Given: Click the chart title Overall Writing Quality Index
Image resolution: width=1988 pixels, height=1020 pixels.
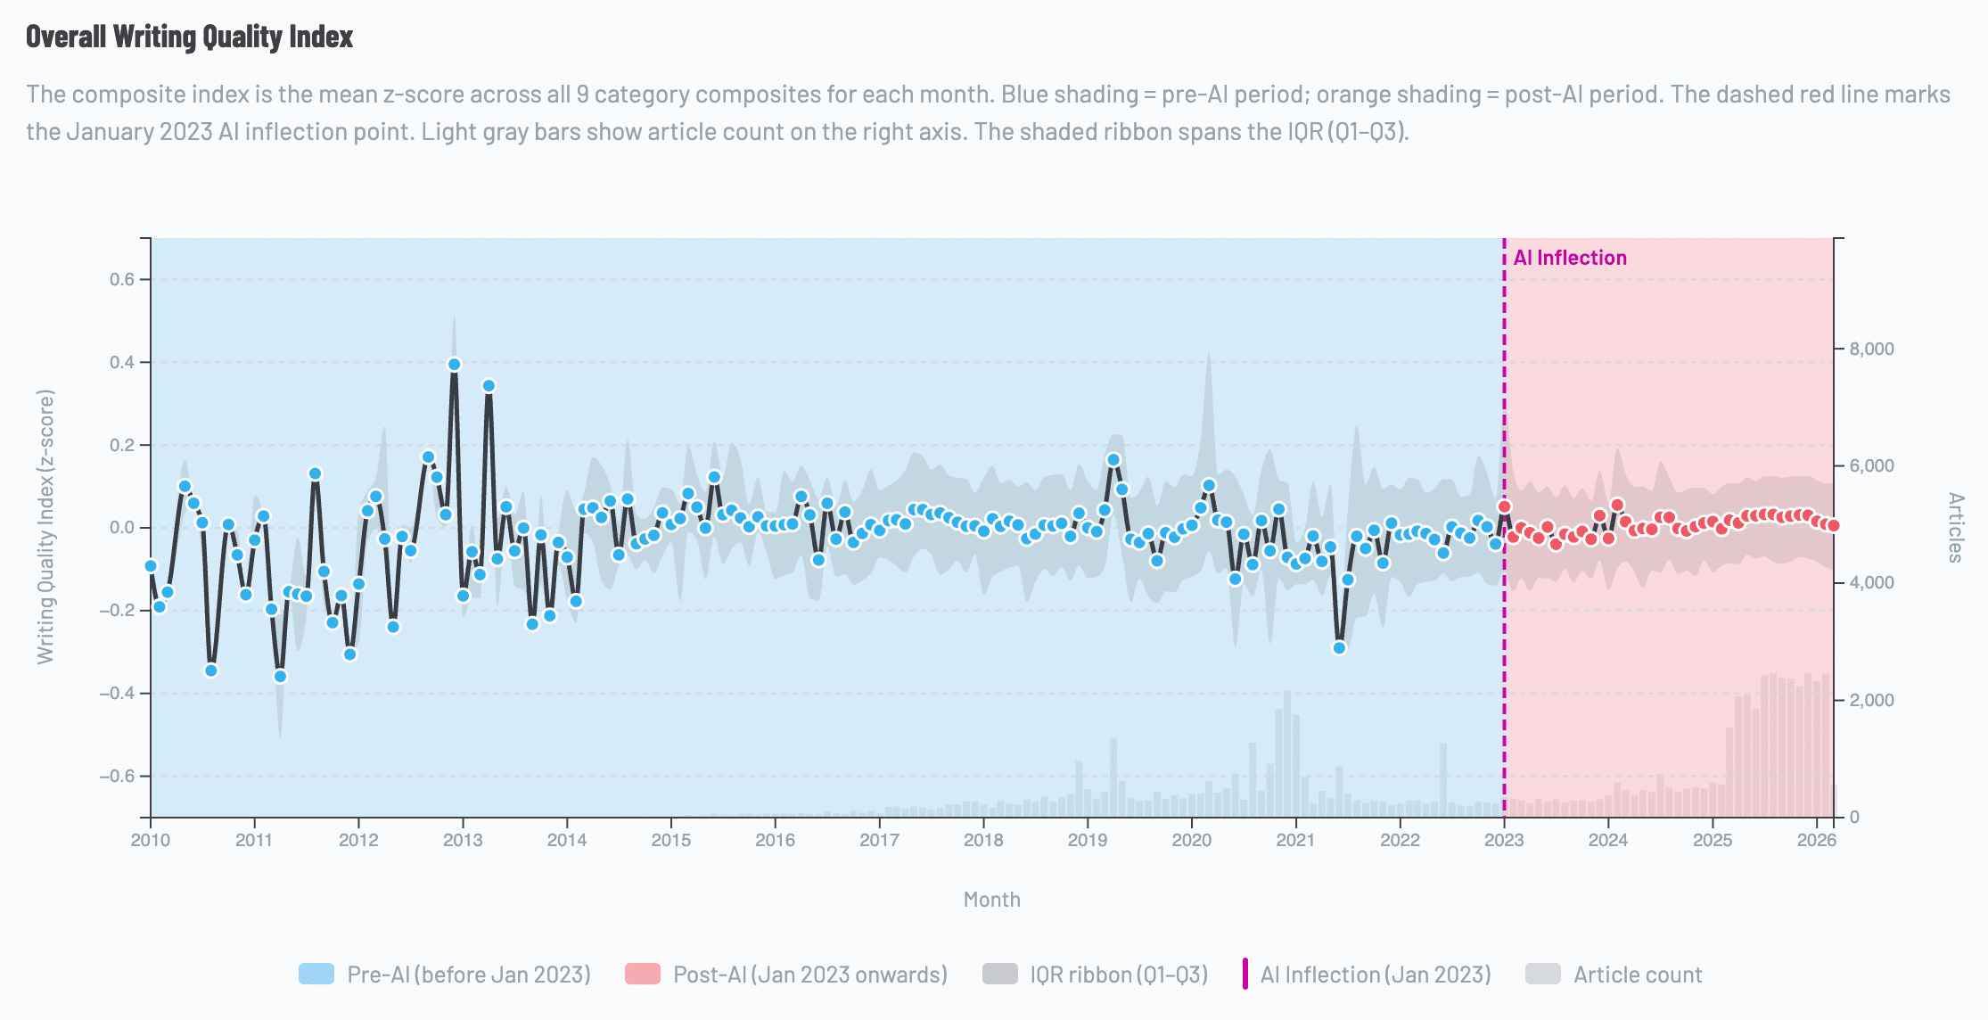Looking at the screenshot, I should pyautogui.click(x=189, y=37).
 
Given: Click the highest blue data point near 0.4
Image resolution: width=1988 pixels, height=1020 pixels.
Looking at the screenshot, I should pyautogui.click(x=454, y=365).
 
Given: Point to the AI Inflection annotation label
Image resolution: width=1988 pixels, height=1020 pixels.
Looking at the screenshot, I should pyautogui.click(x=1570, y=258).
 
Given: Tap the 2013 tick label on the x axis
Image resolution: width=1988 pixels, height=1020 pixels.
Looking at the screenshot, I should pyautogui.click(x=463, y=840).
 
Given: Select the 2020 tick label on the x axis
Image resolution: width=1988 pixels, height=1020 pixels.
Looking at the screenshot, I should pyautogui.click(x=1191, y=840).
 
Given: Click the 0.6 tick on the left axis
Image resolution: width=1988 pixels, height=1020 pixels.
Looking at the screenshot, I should pyautogui.click(x=122, y=280).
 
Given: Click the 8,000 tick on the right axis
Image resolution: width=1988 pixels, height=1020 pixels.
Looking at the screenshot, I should pyautogui.click(x=1871, y=349).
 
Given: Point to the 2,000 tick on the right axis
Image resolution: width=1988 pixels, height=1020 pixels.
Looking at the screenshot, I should pyautogui.click(x=1871, y=700).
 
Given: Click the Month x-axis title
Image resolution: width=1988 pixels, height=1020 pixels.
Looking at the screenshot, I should pyautogui.click(x=991, y=900).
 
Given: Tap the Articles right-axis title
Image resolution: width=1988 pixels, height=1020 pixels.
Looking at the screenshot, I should pyautogui.click(x=1956, y=527).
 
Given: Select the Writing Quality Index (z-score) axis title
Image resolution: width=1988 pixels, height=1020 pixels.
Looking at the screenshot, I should pyautogui.click(x=45, y=527).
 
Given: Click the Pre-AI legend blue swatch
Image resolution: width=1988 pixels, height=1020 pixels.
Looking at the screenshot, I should pyautogui.click(x=316, y=974).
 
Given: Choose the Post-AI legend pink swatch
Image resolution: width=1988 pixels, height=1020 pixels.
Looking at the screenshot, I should pyautogui.click(x=643, y=974).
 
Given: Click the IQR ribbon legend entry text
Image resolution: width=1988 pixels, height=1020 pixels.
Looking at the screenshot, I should pyautogui.click(x=1118, y=975).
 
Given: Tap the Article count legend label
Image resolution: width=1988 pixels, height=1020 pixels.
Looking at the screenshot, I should pyautogui.click(x=1637, y=975).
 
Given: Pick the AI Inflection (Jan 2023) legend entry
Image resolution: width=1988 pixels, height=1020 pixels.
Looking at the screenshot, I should pyautogui.click(x=1375, y=975).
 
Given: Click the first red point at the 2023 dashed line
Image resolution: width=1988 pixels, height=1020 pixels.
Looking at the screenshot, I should pyautogui.click(x=1505, y=506).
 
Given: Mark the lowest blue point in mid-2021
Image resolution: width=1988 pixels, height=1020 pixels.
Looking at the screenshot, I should pyautogui.click(x=1339, y=648).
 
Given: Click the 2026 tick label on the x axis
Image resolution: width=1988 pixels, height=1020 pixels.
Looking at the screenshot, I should pyautogui.click(x=1816, y=840).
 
